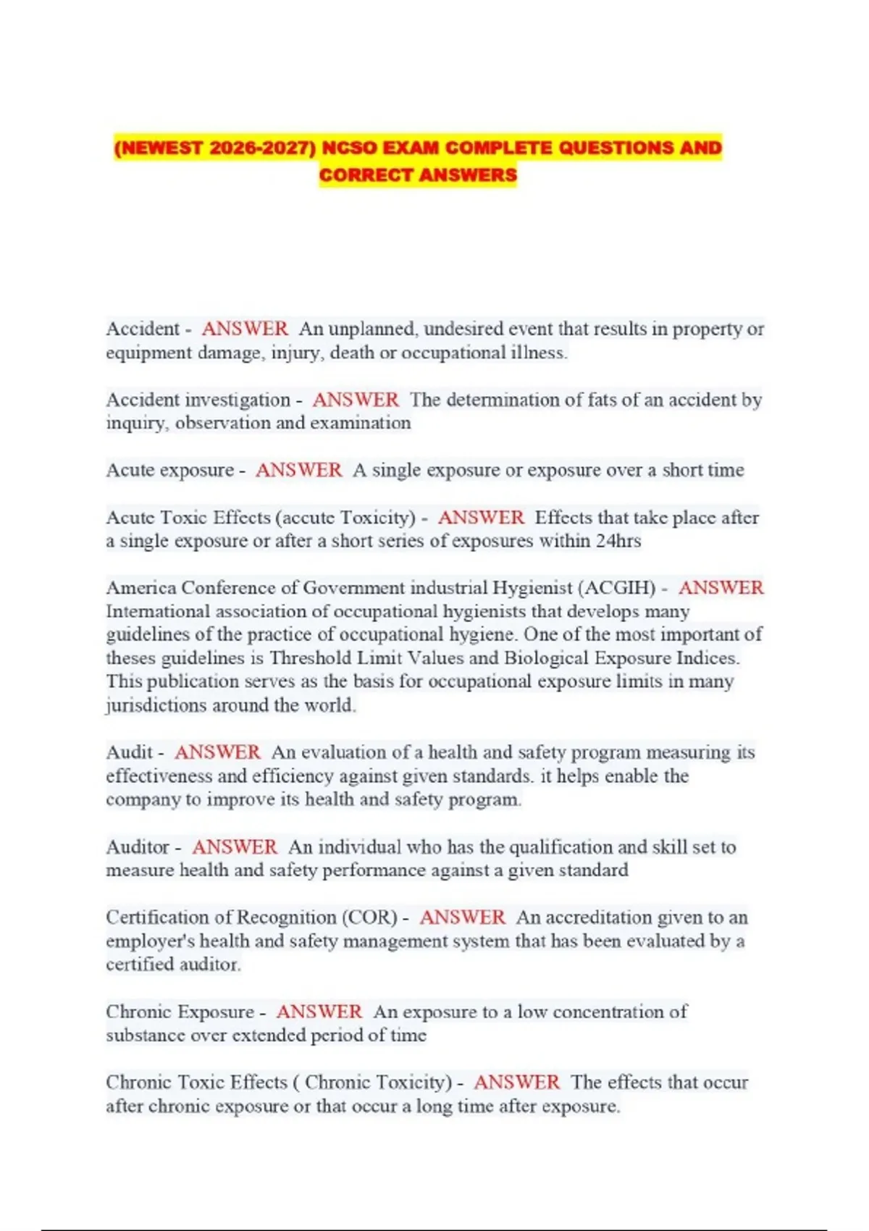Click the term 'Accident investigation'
pos(198,400)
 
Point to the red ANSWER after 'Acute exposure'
pos(298,470)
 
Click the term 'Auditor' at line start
pos(138,847)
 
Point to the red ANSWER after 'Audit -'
pos(217,752)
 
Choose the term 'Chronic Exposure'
pos(180,1012)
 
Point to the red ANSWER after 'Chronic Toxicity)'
pos(516,1083)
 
